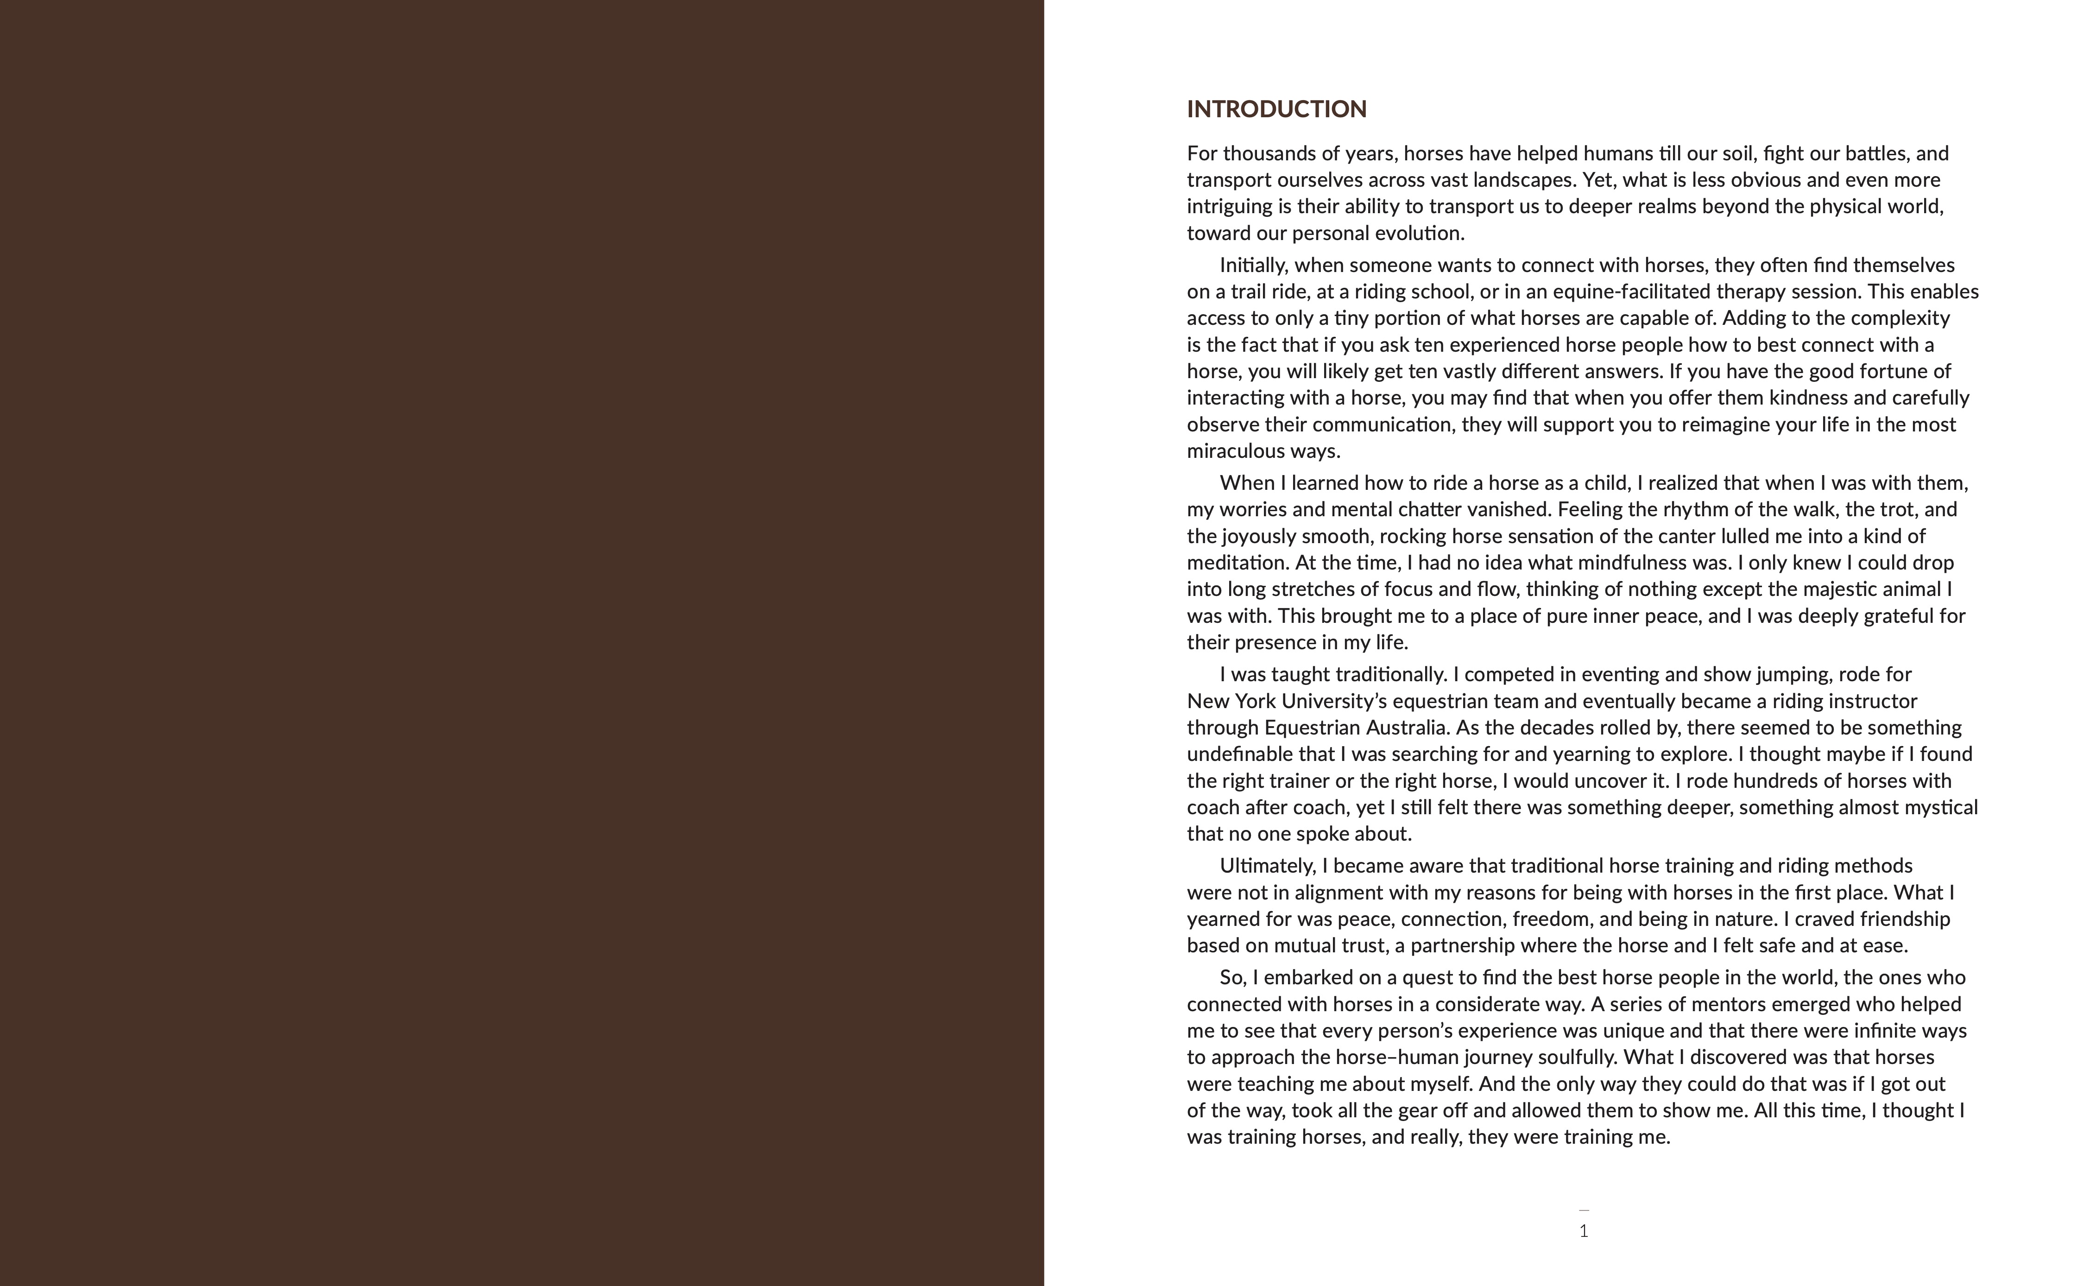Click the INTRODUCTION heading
point(1276,109)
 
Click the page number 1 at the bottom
point(1583,1231)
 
